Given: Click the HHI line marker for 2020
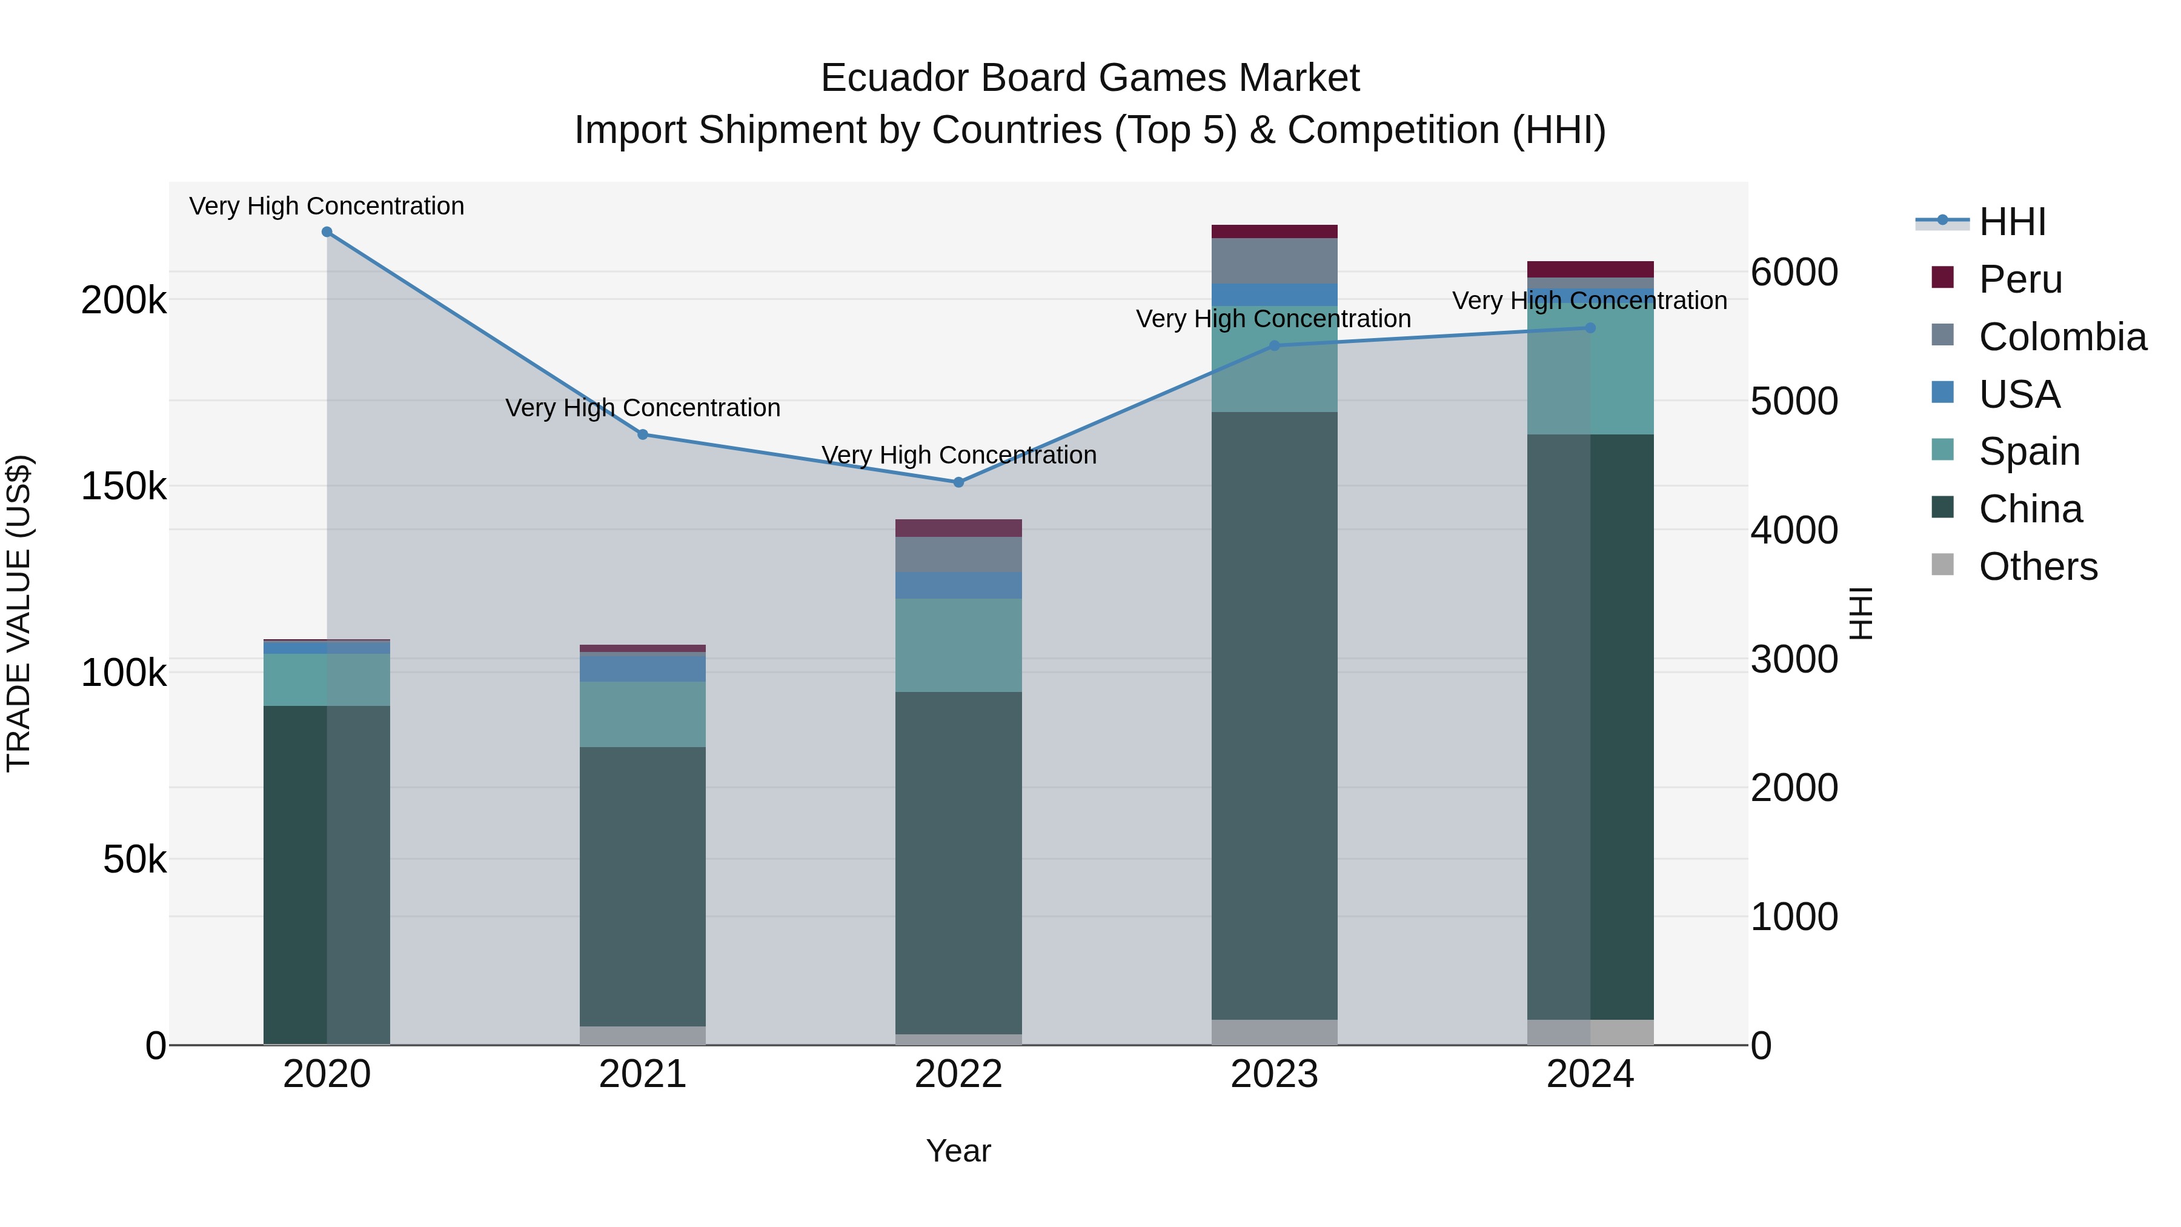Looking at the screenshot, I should pos(327,232).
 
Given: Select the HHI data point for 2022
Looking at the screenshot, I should pos(958,483).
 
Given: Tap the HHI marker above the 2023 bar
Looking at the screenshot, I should pos(1274,345).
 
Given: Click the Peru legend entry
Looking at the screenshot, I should pos(2020,279).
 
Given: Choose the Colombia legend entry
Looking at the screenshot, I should pos(2062,337).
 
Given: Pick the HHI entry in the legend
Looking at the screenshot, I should pos(2011,222).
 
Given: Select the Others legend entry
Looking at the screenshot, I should pos(2037,567).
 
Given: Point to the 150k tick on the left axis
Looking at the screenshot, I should pos(124,487).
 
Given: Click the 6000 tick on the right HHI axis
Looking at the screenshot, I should pos(1794,273).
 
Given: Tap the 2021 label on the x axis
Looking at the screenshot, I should pos(643,1074).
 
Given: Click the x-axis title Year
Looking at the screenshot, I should pos(958,1151).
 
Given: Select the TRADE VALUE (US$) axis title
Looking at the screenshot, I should pos(19,613).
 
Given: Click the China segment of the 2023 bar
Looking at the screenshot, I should pos(1274,716).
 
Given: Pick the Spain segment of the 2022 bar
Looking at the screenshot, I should pos(958,645).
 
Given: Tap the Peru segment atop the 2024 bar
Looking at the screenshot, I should pos(1590,269).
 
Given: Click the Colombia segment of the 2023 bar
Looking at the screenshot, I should pos(1274,261).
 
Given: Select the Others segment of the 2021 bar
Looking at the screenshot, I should pos(643,1035).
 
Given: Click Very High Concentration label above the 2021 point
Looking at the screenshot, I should pos(643,408).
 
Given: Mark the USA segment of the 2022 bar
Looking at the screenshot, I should pos(958,585).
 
